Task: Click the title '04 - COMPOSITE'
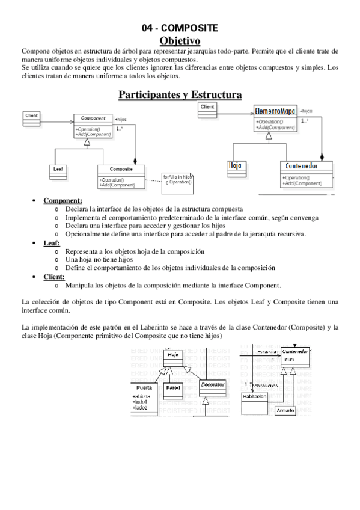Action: (180, 28)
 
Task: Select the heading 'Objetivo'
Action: (180, 40)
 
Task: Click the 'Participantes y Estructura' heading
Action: (180, 94)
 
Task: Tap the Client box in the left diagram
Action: (32, 118)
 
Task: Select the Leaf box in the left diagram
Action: (58, 170)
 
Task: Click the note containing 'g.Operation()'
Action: (177, 179)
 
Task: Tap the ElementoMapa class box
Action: (275, 117)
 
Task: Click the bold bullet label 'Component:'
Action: (63, 200)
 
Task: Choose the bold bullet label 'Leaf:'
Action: (52, 242)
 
